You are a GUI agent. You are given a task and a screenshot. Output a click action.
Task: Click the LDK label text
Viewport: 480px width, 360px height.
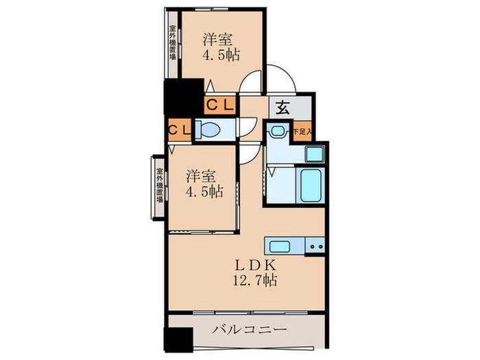click(258, 265)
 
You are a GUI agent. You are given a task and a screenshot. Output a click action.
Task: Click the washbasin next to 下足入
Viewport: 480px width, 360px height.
click(278, 130)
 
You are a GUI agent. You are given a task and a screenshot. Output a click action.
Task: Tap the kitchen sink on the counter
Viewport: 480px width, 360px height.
click(282, 247)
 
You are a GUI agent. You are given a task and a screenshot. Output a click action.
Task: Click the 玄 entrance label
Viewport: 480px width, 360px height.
click(283, 108)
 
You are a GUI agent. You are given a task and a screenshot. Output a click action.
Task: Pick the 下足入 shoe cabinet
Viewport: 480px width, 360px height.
click(302, 130)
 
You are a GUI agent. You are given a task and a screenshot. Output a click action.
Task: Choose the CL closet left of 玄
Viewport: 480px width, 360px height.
click(221, 105)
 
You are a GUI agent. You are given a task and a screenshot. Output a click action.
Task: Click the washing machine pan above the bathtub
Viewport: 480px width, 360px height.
click(313, 154)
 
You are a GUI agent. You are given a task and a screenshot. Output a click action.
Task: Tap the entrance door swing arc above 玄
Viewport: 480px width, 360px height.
click(281, 79)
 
